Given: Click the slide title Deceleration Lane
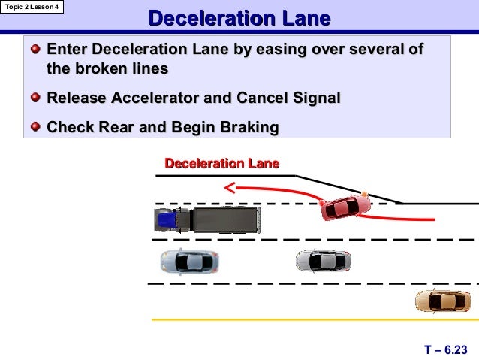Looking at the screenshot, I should pos(239,19).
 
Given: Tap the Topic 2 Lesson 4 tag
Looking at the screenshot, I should pos(32,8).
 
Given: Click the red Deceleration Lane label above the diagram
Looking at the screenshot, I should pos(221,163).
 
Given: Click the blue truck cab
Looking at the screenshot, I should pos(167,220).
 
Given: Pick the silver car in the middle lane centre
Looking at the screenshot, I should pos(323,260).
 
